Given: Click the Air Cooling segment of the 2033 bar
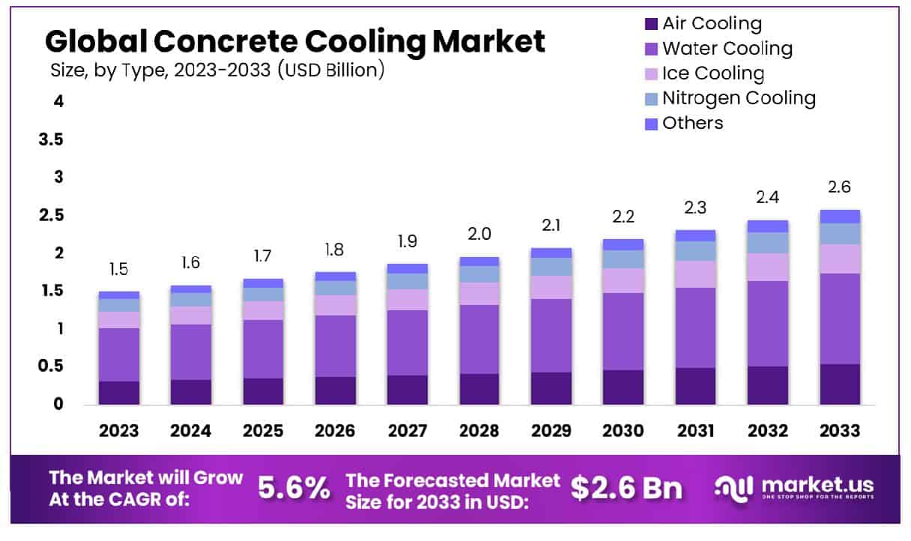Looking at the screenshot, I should click(x=840, y=384).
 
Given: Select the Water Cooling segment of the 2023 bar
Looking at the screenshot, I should click(x=119, y=354).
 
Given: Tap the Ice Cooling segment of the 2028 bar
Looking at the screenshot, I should click(x=479, y=294).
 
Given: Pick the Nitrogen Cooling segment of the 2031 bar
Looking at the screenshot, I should click(x=695, y=251).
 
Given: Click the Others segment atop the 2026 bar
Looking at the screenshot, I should click(x=336, y=276).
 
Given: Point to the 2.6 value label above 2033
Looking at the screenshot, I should click(x=840, y=187).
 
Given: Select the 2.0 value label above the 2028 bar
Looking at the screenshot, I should click(x=479, y=234).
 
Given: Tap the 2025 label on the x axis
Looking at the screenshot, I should click(x=263, y=431).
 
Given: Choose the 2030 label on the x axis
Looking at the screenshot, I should click(x=623, y=431).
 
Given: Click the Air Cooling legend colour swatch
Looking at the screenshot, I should click(x=650, y=24).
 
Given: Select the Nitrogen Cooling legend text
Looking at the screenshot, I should click(x=739, y=98).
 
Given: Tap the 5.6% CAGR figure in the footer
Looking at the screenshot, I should click(x=294, y=488).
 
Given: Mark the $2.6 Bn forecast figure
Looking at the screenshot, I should click(x=626, y=488).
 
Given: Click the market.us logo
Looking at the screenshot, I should click(x=794, y=488).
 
